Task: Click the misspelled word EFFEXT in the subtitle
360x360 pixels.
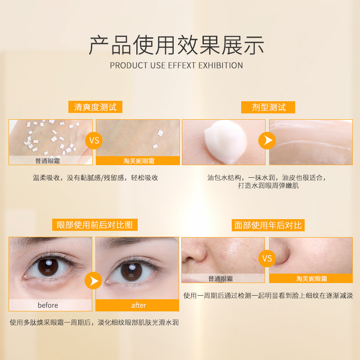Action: point(182,65)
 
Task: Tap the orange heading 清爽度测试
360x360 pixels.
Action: point(95,107)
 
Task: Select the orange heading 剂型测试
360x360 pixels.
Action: point(268,107)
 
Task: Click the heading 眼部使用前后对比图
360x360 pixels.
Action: point(95,225)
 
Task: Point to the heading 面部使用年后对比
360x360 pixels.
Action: point(268,225)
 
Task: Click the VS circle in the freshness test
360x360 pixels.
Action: point(94,140)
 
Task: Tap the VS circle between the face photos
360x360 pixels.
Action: point(267,258)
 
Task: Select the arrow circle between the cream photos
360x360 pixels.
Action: point(267,140)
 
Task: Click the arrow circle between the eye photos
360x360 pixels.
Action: point(94,280)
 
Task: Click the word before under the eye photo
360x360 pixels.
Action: point(48,305)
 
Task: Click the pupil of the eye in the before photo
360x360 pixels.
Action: point(48,268)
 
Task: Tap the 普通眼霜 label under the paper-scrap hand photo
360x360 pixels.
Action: point(48,161)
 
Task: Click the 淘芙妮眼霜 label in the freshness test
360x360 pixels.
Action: point(139,161)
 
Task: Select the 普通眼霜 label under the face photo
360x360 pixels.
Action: point(220,279)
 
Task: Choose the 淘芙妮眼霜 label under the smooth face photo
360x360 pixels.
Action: point(311,279)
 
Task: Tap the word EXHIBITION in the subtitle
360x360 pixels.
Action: point(220,65)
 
